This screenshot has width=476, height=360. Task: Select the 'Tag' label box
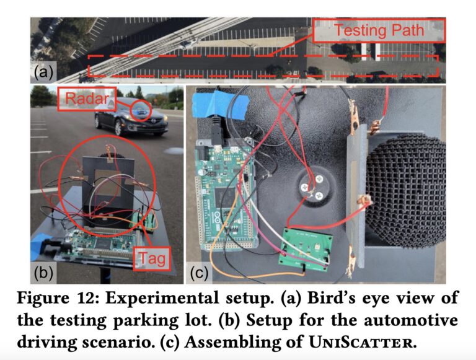click(151, 258)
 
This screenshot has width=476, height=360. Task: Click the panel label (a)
click(42, 73)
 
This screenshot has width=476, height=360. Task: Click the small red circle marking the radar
click(142, 110)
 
